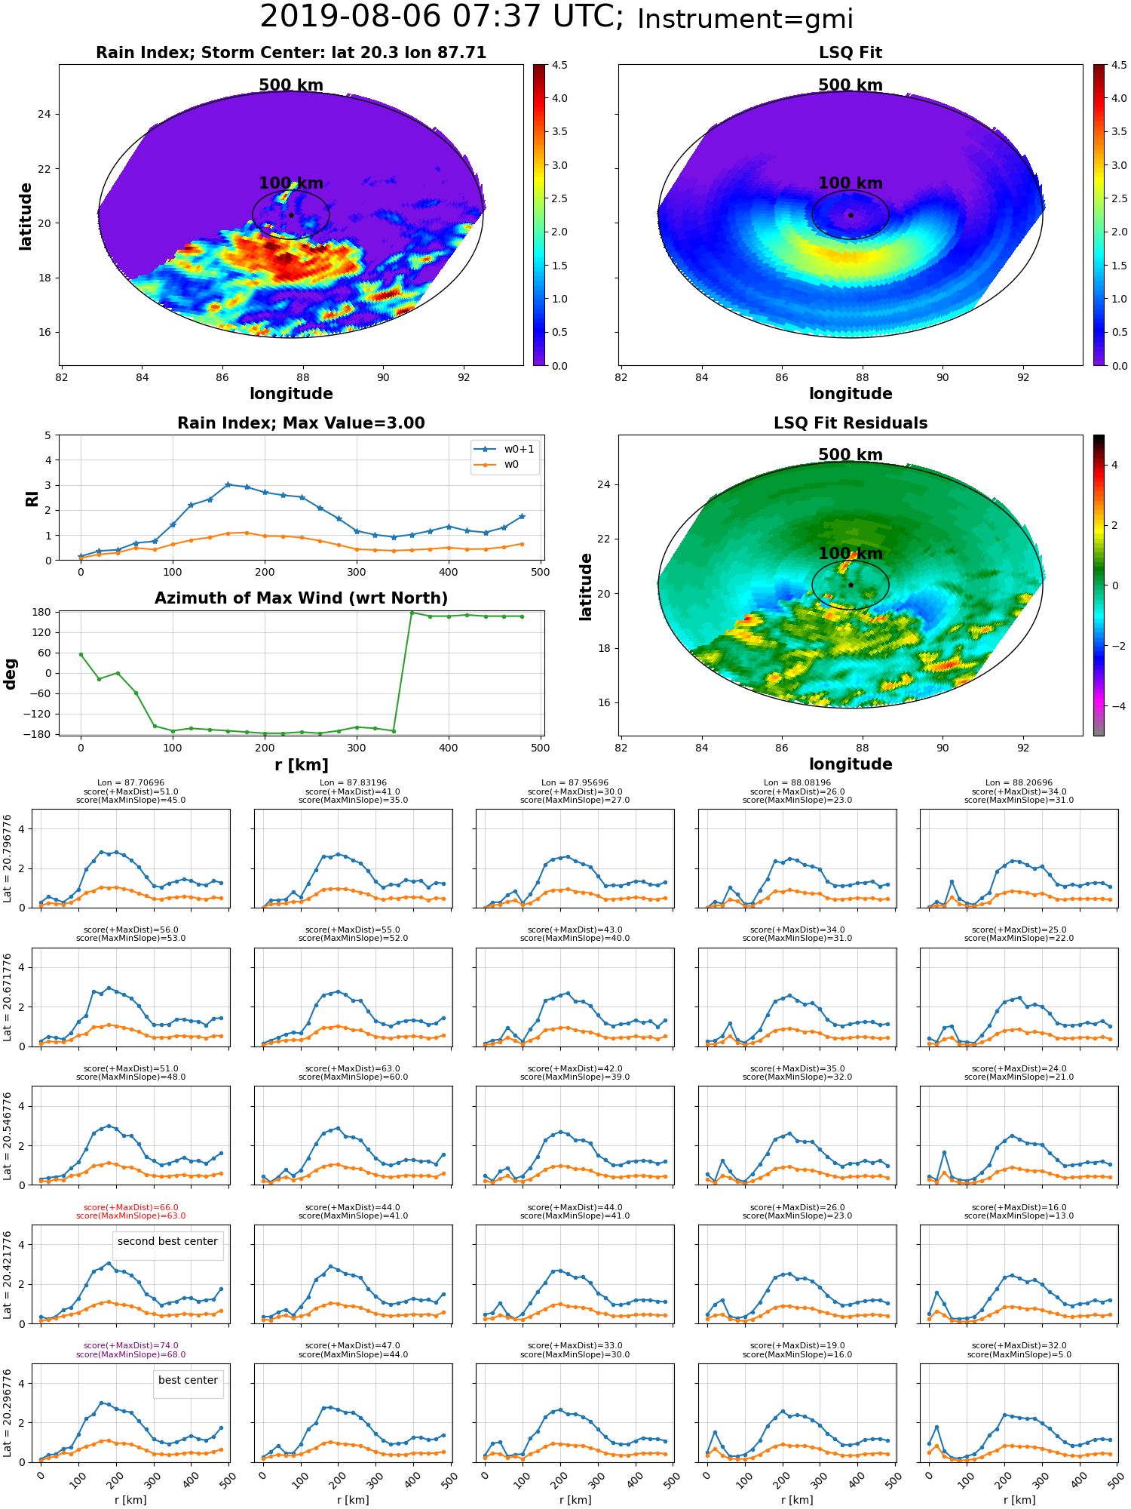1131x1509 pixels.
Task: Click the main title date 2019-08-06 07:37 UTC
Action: pyautogui.click(x=441, y=17)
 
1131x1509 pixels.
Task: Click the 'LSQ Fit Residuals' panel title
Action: pyautogui.click(x=851, y=423)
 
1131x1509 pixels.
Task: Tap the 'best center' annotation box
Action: pyautogui.click(x=188, y=1380)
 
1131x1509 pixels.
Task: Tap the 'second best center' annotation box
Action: pyautogui.click(x=167, y=1241)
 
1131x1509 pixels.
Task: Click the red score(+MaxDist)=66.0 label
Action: pyautogui.click(x=131, y=1207)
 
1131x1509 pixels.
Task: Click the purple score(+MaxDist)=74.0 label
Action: pyautogui.click(x=131, y=1345)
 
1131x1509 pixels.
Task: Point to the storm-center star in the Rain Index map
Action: pyautogui.click(x=291, y=215)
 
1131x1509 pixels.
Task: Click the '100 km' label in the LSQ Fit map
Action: pyautogui.click(x=851, y=183)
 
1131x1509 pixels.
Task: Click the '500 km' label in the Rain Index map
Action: pyautogui.click(x=291, y=85)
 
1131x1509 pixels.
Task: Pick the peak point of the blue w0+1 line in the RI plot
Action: pyautogui.click(x=228, y=484)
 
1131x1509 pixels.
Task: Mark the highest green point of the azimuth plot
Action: pyautogui.click(x=412, y=612)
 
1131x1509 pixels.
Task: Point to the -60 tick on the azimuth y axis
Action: pyautogui.click(x=41, y=693)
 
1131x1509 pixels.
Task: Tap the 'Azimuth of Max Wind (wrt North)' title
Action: pyautogui.click(x=301, y=598)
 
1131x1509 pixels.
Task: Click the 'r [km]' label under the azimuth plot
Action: pyautogui.click(x=301, y=765)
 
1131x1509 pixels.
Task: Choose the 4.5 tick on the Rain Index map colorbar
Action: pyautogui.click(x=559, y=65)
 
